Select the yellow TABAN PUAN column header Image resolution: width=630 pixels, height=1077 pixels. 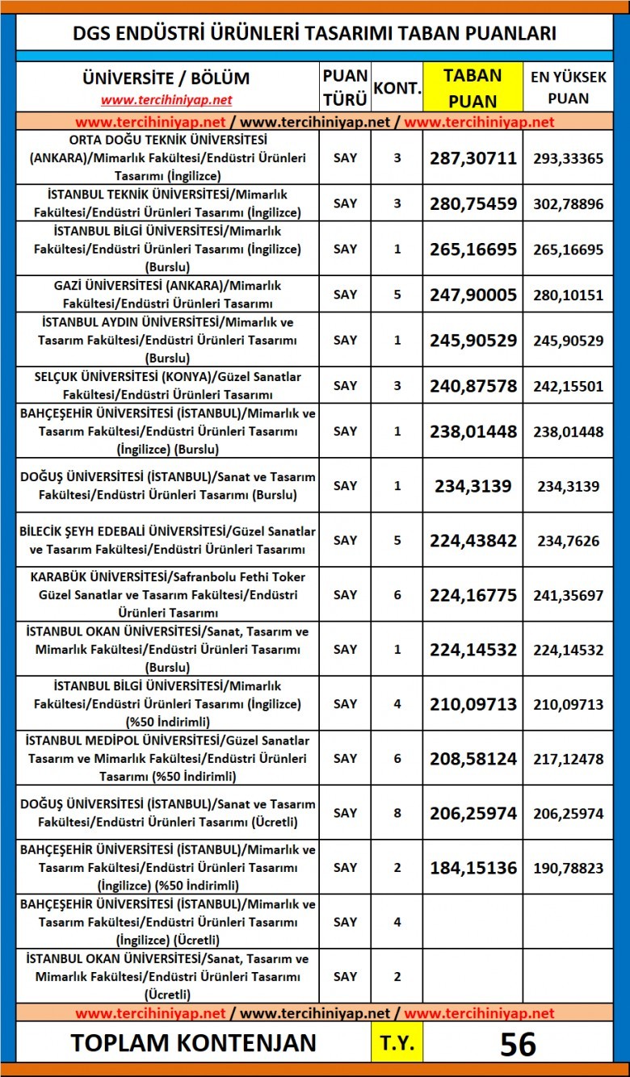tap(472, 87)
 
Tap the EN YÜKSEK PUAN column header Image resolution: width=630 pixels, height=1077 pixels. tap(568, 87)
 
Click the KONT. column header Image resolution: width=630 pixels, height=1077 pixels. tap(397, 87)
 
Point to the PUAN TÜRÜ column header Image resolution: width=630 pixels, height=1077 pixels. tap(345, 87)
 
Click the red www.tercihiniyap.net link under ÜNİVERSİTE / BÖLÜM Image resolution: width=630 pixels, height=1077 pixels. tap(166, 100)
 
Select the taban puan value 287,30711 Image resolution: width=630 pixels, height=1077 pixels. tap(472, 157)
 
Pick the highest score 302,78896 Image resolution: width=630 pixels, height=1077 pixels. tap(568, 203)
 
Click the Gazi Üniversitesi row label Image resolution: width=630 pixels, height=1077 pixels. tap(167, 295)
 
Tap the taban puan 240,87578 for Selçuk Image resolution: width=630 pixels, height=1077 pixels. tap(472, 386)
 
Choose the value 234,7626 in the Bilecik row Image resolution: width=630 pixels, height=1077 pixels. tap(568, 540)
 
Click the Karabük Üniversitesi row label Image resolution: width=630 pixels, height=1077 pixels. tap(167, 594)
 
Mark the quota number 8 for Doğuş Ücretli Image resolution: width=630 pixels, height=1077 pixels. tap(397, 813)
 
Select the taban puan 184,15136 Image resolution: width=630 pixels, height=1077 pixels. tap(472, 867)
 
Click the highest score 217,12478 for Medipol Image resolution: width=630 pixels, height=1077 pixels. tap(568, 758)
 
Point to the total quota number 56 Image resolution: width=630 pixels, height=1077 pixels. tap(518, 1043)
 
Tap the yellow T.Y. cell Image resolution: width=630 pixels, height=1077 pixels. tap(397, 1043)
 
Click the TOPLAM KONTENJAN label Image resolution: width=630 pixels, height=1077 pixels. tap(193, 1043)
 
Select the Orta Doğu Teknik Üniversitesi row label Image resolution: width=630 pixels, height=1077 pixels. tap(167, 157)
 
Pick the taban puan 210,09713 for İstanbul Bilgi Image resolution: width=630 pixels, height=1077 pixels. tap(472, 704)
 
